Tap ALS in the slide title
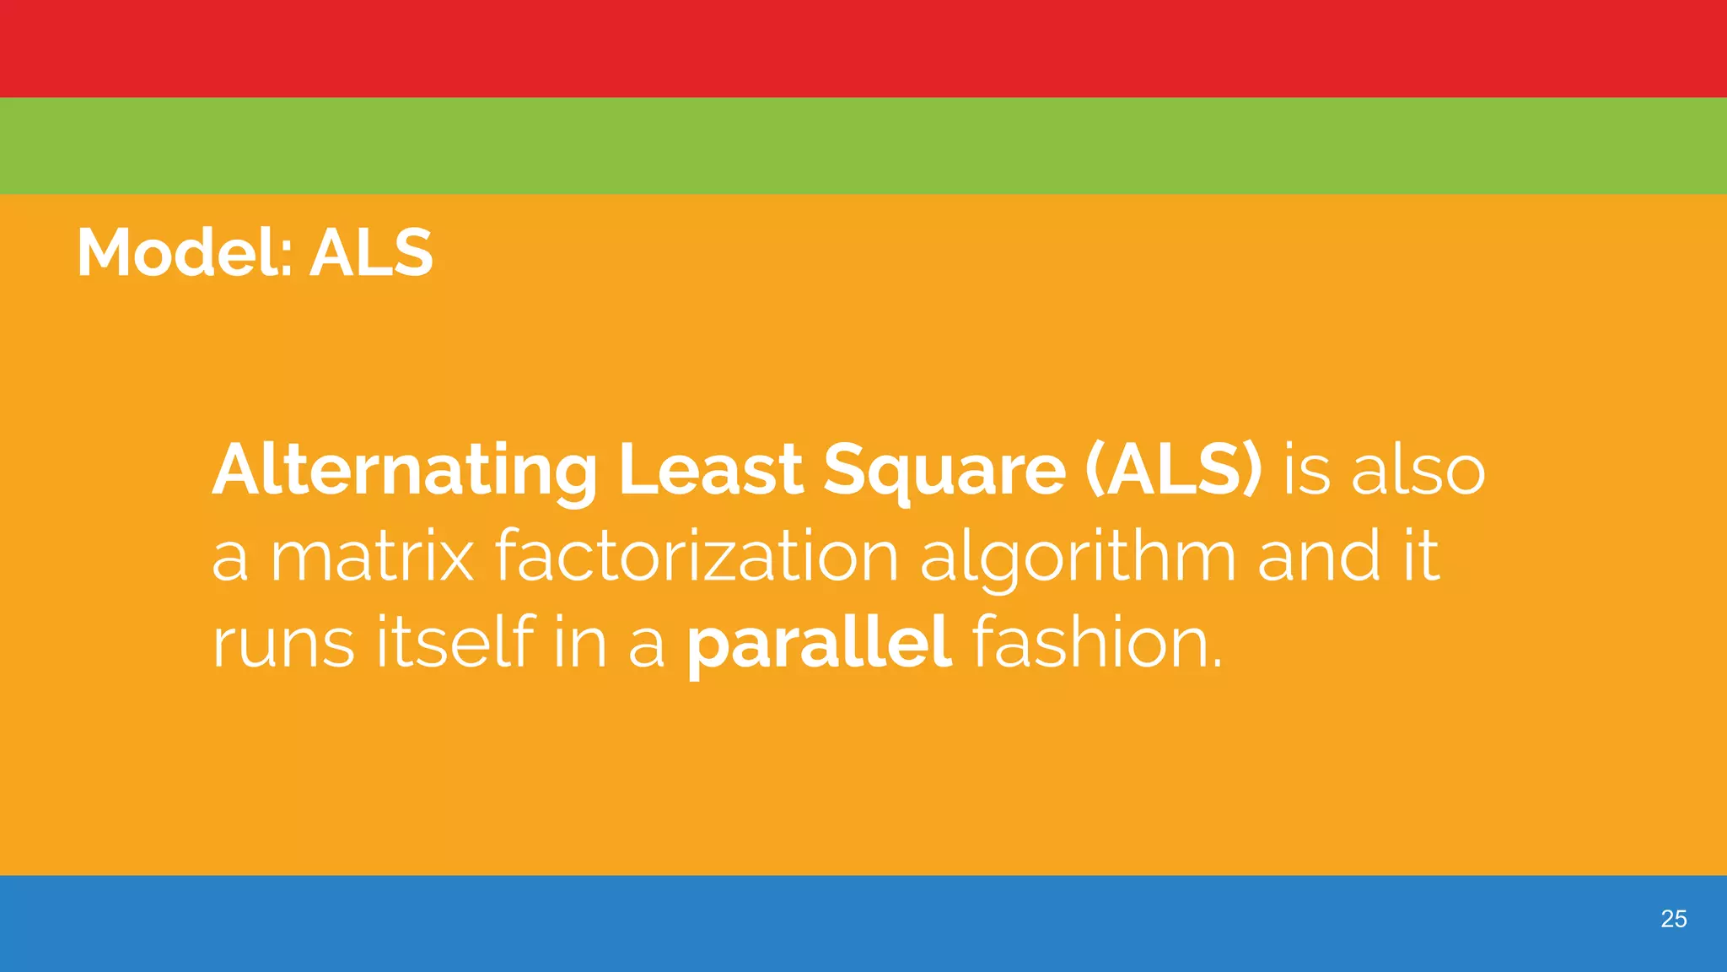[x=371, y=252]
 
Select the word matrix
[x=371, y=556]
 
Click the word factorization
[x=696, y=556]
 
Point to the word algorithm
[x=1078, y=556]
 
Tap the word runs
[x=282, y=643]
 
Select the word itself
[x=455, y=643]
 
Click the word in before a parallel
[x=580, y=643]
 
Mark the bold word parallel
[x=819, y=643]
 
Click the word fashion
[x=1096, y=643]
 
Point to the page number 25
[x=1673, y=919]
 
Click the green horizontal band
[x=863, y=146]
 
